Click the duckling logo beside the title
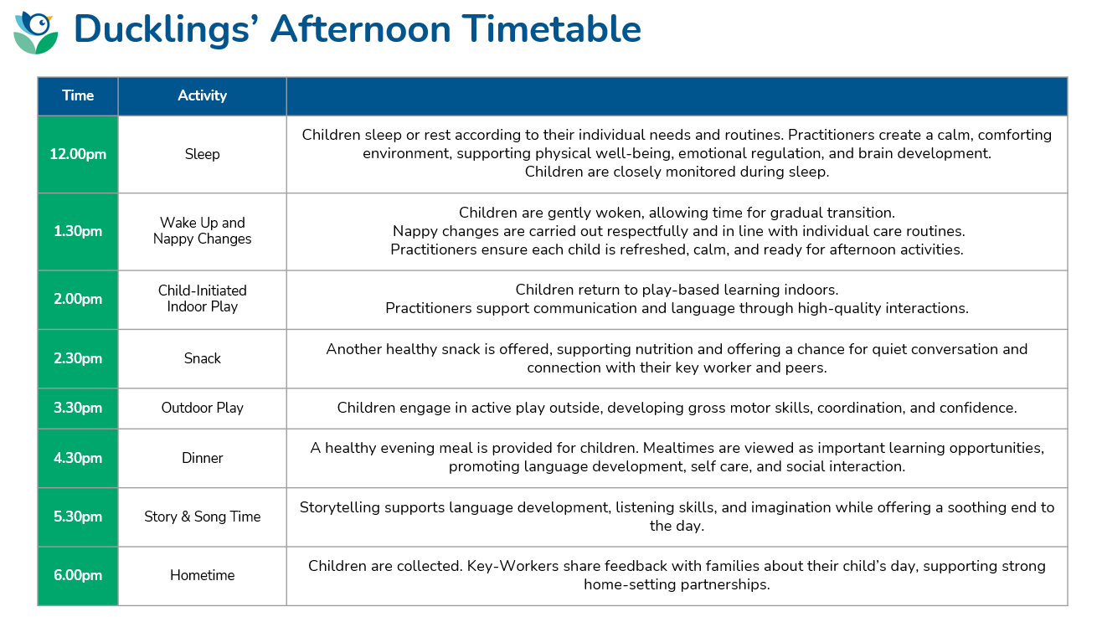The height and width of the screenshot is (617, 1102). (x=36, y=33)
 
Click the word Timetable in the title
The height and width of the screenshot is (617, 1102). (x=552, y=29)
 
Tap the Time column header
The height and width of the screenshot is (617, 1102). (x=78, y=96)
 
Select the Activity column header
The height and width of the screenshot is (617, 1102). (x=202, y=96)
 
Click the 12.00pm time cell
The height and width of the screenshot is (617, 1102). (x=78, y=155)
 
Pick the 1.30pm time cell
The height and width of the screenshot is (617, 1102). (x=78, y=232)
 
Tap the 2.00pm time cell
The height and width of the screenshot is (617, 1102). (x=78, y=300)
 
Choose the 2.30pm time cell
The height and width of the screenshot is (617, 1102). (x=78, y=358)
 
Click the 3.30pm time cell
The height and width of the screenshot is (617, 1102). (x=78, y=409)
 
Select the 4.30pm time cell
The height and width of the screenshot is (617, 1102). (x=78, y=458)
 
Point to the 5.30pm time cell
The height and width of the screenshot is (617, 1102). (x=78, y=517)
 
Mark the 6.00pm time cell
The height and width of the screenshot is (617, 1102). (x=78, y=576)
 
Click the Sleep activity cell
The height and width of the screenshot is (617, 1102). (x=202, y=155)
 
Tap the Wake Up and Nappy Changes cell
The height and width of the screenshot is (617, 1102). (x=202, y=232)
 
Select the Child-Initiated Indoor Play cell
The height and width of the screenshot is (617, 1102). (x=202, y=300)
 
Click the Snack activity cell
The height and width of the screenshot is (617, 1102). (x=202, y=358)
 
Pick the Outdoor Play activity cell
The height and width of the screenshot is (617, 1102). (x=202, y=409)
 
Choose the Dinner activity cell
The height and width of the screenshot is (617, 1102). (x=202, y=458)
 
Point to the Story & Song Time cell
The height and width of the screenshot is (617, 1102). (x=202, y=517)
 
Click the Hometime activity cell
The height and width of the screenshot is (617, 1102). (x=202, y=576)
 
